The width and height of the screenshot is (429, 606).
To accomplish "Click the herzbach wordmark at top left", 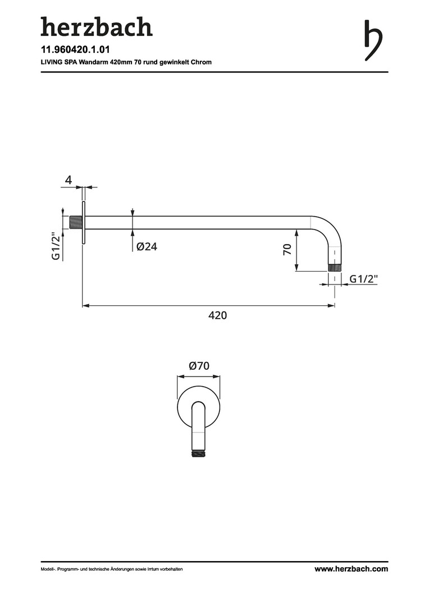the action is coord(97,27).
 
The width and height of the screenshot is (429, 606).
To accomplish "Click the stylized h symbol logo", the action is coord(373,40).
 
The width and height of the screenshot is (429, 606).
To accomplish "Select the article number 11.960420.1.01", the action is coord(75,50).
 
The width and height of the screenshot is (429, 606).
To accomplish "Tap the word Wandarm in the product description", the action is coord(92,62).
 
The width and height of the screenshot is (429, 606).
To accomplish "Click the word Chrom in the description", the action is coord(201,62).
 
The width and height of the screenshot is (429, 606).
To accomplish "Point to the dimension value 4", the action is coord(69,180).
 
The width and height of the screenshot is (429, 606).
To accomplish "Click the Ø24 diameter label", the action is coord(147,246).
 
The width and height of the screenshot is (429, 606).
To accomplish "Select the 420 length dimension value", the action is coord(218,315).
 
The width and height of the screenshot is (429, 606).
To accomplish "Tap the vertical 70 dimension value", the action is coord(287,250).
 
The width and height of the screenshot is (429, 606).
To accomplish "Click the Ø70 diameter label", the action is coord(199,366).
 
